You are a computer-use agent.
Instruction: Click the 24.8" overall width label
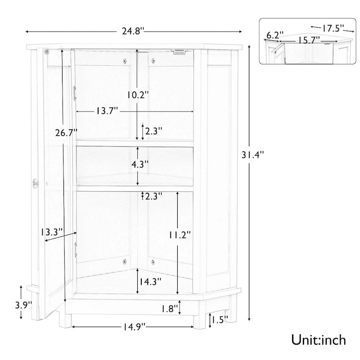[x=133, y=31]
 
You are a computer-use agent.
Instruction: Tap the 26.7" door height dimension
[x=66, y=133]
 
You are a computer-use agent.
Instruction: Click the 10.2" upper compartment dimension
[x=138, y=95]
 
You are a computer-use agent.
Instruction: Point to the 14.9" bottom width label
[x=133, y=327]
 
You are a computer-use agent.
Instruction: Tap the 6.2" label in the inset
[x=274, y=35]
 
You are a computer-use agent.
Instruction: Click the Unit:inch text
[x=318, y=338]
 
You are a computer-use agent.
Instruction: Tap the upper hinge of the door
[x=75, y=92]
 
